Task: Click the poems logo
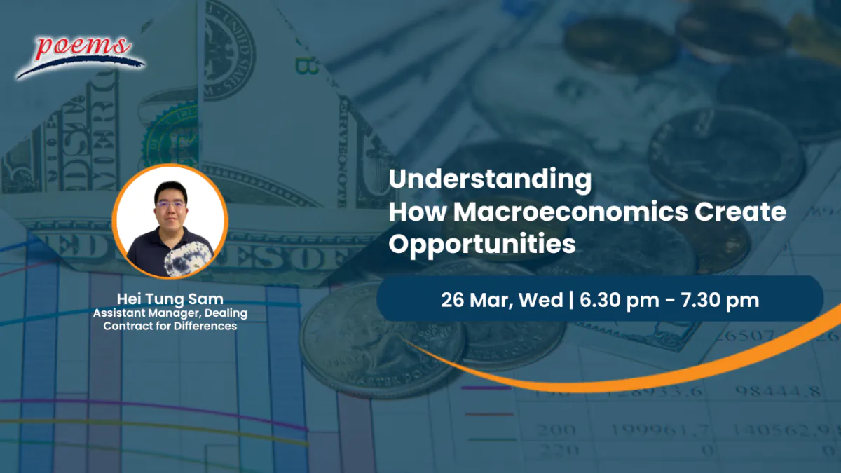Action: pos(80,56)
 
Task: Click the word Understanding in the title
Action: pos(490,180)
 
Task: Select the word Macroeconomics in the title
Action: pos(570,212)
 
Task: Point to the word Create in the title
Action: pos(740,212)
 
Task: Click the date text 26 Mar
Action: pos(474,301)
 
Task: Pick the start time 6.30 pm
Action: pos(620,301)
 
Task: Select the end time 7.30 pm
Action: pos(720,301)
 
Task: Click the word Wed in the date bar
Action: pos(540,300)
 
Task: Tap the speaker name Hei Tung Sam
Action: pos(170,299)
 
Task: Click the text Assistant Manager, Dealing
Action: pos(170,313)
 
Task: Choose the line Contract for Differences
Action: pos(170,326)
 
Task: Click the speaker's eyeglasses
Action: pos(171,205)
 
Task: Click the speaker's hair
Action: pos(171,191)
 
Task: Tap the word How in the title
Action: pos(417,212)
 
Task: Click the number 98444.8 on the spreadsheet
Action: pos(777,391)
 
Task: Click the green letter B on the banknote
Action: pos(306,66)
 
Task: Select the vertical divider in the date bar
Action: pos(571,301)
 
